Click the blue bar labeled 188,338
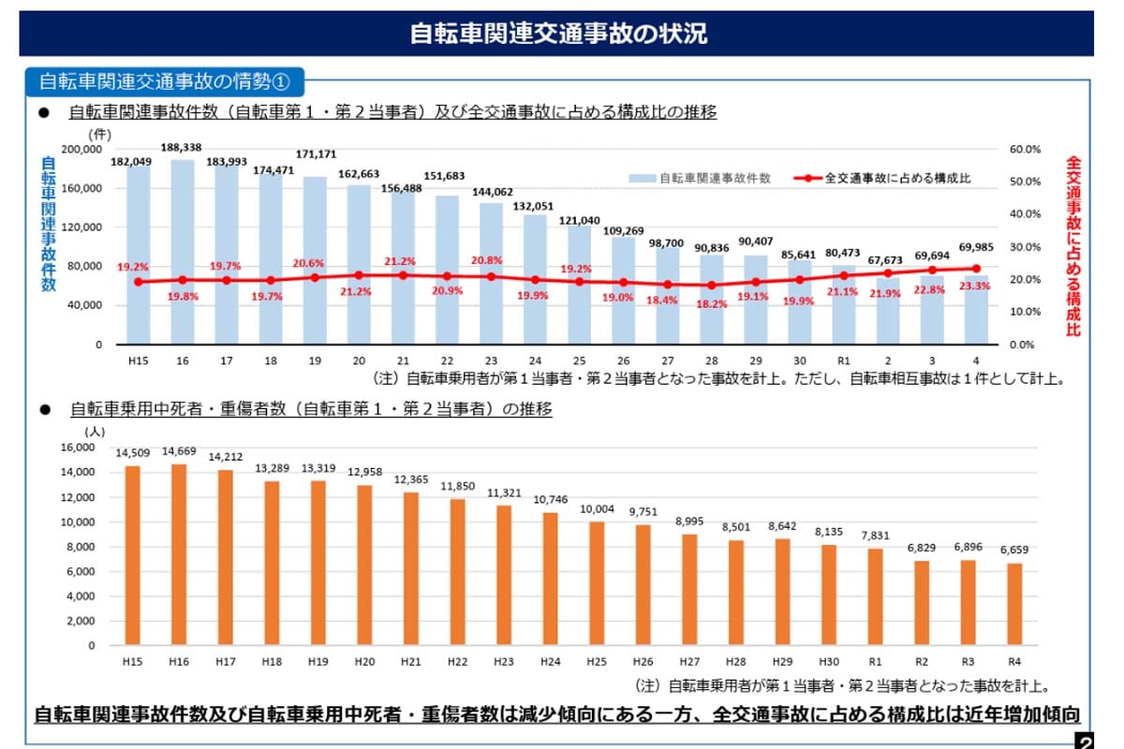(x=184, y=253)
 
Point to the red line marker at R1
(x=843, y=275)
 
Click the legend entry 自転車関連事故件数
(x=702, y=178)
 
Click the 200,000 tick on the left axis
(x=81, y=149)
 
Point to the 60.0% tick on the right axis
(x=1026, y=149)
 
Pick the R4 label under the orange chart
(x=1013, y=662)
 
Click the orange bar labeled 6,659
(x=1013, y=604)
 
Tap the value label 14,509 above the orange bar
(x=133, y=453)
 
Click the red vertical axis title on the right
(x=1073, y=245)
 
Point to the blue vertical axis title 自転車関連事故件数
(x=48, y=225)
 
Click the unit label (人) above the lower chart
(x=96, y=432)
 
